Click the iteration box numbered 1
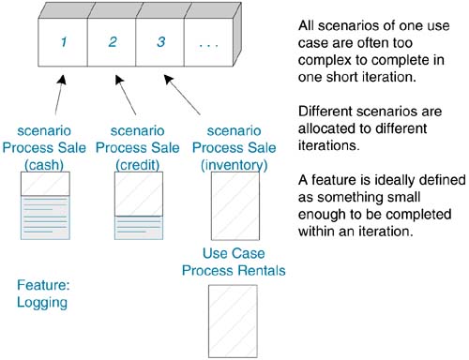tap(63, 42)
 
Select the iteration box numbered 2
tap(112, 42)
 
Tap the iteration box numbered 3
tap(160, 42)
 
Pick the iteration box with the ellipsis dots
tap(209, 42)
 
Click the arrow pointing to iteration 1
tap(60, 95)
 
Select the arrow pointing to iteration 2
tap(126, 95)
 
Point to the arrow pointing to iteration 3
tap(182, 95)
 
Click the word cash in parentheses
tap(44, 165)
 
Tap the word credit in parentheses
tap(138, 165)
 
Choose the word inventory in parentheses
tap(234, 165)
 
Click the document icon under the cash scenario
tap(45, 205)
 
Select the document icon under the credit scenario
tap(139, 205)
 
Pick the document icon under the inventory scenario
tap(235, 205)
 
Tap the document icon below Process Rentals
tap(233, 322)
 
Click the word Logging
tap(42, 303)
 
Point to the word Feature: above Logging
tap(43, 285)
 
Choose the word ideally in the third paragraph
tap(395, 180)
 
